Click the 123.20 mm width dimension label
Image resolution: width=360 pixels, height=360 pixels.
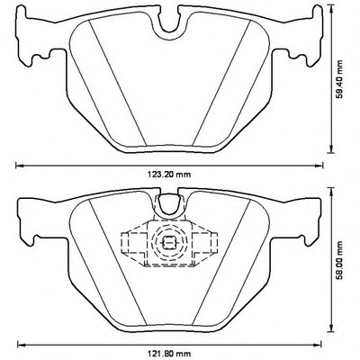click(169, 175)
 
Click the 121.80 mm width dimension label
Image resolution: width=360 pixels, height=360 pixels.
click(169, 354)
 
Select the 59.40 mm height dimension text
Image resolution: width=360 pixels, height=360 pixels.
click(339, 80)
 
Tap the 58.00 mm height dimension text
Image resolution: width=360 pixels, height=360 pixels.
click(339, 260)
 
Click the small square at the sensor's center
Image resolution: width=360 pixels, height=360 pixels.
click(169, 242)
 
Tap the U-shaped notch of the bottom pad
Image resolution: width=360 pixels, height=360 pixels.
click(169, 203)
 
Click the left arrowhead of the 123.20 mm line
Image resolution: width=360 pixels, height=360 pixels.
click(19, 165)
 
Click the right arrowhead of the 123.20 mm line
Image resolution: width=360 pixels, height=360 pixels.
click(319, 165)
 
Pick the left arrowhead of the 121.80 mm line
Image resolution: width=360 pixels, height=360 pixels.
click(21, 344)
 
